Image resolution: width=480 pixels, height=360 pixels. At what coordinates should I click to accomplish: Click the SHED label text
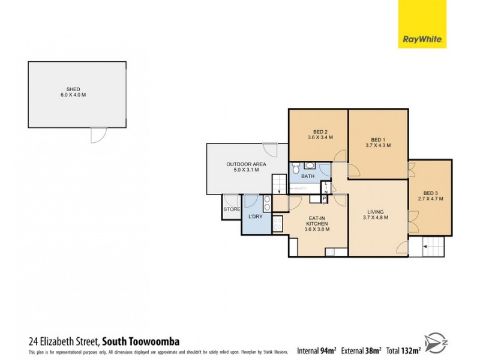73,89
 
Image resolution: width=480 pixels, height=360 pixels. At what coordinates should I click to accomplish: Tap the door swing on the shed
97,135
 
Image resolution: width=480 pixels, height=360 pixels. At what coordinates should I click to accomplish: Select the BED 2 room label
320,133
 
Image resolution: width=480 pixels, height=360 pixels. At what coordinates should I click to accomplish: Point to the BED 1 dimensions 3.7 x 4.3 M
378,145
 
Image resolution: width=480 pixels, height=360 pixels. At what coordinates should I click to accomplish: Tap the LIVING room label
377,212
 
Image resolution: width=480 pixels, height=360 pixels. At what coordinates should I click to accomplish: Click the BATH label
308,176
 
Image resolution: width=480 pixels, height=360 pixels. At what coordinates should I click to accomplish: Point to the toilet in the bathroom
296,169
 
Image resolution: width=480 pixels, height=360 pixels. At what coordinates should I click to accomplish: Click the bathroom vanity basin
310,166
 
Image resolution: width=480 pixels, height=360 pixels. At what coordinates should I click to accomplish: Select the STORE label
232,209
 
